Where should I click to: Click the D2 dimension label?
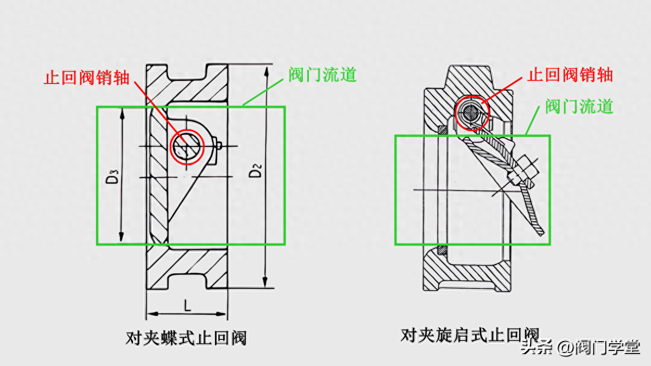[256, 170]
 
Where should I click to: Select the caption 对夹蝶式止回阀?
[186, 338]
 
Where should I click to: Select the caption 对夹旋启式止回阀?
[470, 335]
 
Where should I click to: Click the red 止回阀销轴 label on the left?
[87, 77]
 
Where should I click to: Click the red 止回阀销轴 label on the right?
[570, 74]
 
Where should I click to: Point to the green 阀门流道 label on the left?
[322, 74]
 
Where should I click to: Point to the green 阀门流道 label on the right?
[579, 106]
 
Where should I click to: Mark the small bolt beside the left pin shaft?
[219, 146]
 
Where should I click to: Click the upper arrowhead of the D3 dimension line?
[122, 112]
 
